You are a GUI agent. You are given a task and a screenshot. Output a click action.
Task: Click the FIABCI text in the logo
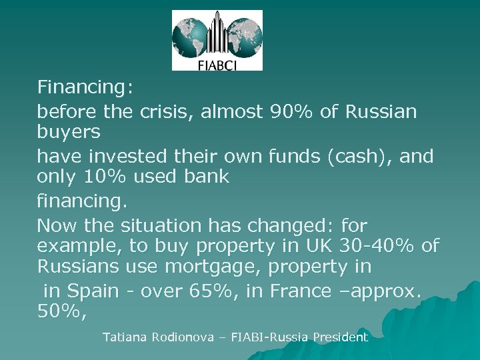coord(217,65)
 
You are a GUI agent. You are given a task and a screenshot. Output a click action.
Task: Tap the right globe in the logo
coord(244,37)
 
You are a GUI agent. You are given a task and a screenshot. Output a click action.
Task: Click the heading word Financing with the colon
coord(85,87)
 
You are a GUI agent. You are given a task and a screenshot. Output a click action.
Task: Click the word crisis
coord(169,112)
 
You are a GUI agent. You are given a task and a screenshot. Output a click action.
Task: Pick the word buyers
coord(69,132)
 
